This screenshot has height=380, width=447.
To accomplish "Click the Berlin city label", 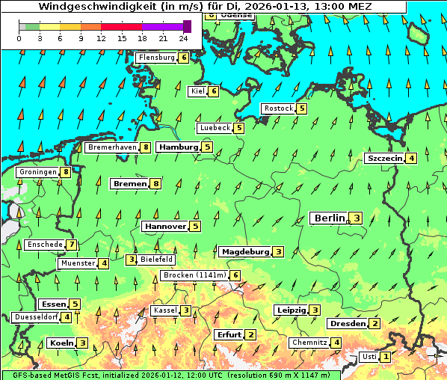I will tap(330, 218).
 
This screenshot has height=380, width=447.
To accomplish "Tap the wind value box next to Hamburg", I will tap(207, 147).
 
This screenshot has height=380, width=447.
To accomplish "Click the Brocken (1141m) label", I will tap(194, 275).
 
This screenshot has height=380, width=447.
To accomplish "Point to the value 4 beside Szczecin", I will tap(411, 158).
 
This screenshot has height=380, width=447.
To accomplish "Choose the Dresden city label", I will tap(348, 323).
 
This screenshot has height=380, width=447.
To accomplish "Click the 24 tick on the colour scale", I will tap(183, 37).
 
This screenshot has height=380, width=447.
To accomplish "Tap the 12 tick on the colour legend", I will tap(102, 37).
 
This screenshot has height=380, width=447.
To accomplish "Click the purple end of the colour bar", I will tap(187, 26).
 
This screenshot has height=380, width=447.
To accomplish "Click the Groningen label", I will tap(38, 172).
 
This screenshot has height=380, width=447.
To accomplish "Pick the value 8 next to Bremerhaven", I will tap(146, 148).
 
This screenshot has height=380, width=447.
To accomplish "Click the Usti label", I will tap(369, 357).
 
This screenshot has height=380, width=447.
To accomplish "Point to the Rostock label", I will tap(279, 108).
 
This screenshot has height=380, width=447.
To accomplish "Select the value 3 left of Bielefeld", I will tap(131, 260).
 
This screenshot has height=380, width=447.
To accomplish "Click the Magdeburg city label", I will tap(244, 251).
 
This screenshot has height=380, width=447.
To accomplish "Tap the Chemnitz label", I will tap(309, 343).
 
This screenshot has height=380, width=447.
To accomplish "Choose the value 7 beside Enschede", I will tap(71, 244).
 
